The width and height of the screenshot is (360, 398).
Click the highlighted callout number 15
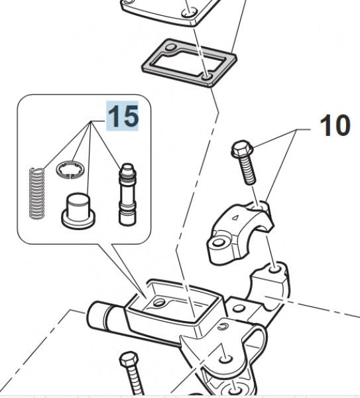click(x=123, y=116)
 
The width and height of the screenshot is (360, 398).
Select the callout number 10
click(x=335, y=125)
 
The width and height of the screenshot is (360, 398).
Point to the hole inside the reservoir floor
click(x=158, y=303)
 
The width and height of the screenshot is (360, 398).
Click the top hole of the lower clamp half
click(x=272, y=269)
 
